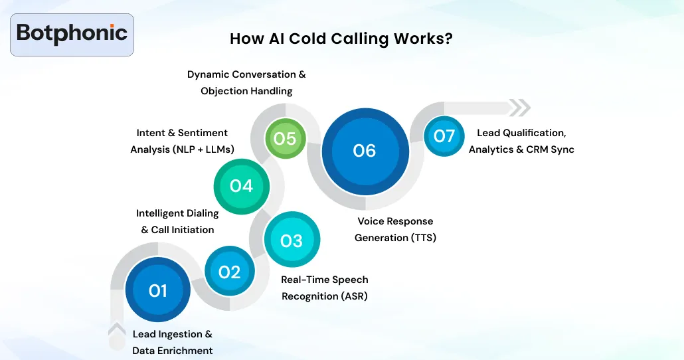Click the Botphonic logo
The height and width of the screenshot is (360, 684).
(72, 34)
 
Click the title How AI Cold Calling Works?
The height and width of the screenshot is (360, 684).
(341, 39)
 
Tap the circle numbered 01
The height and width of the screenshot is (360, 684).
(158, 290)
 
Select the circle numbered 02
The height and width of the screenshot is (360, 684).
(229, 272)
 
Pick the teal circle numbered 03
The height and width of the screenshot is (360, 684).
(292, 240)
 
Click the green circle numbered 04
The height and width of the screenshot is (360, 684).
(242, 186)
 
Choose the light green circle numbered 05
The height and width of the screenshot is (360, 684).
(285, 138)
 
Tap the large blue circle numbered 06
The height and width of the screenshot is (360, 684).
(365, 151)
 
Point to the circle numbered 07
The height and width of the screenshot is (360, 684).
(444, 136)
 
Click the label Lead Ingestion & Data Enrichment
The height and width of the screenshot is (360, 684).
(173, 342)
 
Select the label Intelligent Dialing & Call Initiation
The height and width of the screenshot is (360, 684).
(177, 221)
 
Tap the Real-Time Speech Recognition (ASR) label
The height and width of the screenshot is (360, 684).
(325, 288)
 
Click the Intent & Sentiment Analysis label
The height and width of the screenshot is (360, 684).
(182, 141)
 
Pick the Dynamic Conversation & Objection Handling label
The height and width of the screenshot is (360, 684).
(246, 82)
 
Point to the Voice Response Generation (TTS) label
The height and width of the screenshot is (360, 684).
(395, 229)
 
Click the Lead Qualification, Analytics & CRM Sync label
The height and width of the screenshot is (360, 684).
(521, 141)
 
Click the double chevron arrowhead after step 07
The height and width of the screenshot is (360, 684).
(520, 108)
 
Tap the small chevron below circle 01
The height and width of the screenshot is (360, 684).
(117, 329)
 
